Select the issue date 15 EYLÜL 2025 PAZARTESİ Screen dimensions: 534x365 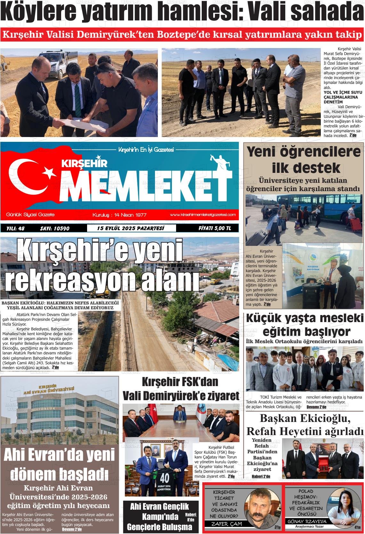131,228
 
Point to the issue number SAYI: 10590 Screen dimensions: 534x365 55,229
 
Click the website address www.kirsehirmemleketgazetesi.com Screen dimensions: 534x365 203,214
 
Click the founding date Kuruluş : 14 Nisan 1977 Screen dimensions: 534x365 119,215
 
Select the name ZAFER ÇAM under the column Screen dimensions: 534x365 226,524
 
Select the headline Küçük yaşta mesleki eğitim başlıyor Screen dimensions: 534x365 304,325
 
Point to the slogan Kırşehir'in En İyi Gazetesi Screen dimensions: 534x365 146,150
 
